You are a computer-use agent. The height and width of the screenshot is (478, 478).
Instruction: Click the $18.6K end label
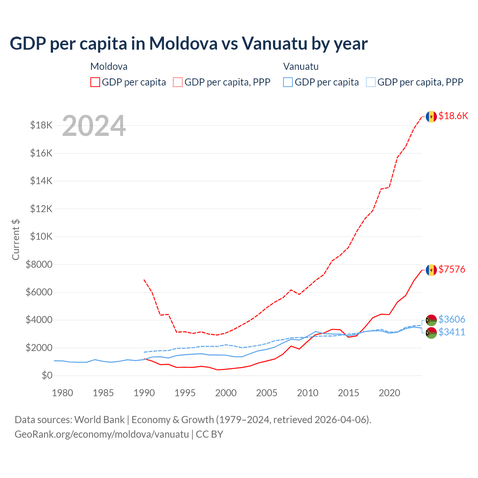[x=453, y=116]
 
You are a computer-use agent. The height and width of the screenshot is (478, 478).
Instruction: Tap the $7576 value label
[x=452, y=269]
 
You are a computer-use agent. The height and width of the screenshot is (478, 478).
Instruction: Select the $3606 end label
[x=452, y=319]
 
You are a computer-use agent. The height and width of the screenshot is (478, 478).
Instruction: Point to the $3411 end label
[x=452, y=332]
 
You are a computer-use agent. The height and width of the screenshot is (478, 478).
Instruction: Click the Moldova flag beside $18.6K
[x=431, y=117]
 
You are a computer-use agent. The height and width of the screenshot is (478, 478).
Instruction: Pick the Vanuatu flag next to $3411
[x=431, y=333]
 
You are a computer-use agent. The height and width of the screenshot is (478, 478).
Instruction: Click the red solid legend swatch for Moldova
[x=95, y=82]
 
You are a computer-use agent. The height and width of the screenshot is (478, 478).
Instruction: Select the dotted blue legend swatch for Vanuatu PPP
[x=371, y=82]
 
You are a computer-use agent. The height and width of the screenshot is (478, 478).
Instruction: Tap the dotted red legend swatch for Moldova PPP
[x=178, y=82]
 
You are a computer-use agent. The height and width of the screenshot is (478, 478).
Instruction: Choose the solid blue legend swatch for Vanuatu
[x=288, y=82]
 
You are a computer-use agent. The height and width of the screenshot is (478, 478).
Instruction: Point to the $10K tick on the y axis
[x=41, y=237]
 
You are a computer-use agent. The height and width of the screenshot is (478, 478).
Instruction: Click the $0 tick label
[x=47, y=376]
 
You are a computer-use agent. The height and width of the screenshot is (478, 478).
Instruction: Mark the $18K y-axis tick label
[x=41, y=125]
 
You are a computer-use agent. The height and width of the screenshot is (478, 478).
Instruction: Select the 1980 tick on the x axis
[x=62, y=393]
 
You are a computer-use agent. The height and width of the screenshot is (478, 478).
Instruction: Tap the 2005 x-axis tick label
[x=267, y=393]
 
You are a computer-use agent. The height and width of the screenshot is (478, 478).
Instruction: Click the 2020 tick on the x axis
[x=389, y=393]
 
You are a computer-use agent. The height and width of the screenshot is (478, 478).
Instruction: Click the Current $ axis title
[x=16, y=239]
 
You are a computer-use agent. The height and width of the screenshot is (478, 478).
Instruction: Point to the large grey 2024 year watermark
[x=94, y=126]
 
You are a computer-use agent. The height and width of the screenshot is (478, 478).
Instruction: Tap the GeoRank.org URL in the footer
[x=102, y=434]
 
